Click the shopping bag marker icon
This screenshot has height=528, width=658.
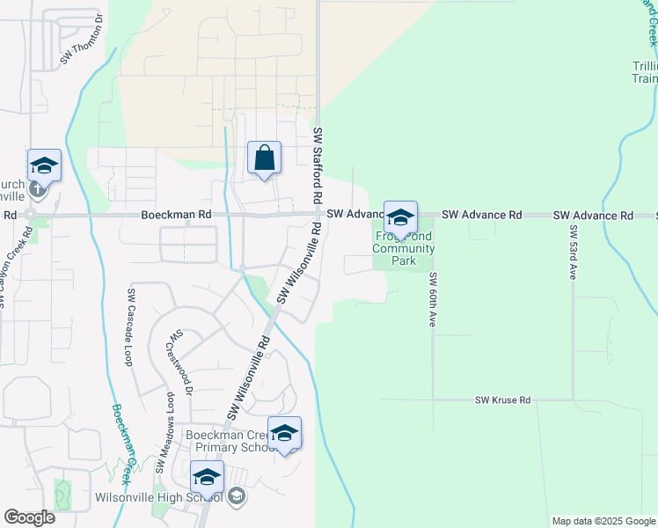264,158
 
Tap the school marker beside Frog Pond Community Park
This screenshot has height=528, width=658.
400,216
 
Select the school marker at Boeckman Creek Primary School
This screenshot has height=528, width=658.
284,433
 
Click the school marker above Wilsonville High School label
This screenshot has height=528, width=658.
207,477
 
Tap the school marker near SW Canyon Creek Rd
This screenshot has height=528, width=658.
44,165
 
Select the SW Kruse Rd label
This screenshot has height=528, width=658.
503,400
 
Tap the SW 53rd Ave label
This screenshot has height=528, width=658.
572,253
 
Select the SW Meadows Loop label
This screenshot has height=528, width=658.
164,431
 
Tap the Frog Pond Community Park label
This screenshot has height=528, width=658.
404,248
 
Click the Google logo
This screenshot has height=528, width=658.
29,517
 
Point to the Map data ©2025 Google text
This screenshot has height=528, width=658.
603,521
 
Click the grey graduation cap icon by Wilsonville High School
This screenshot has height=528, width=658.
236,498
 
